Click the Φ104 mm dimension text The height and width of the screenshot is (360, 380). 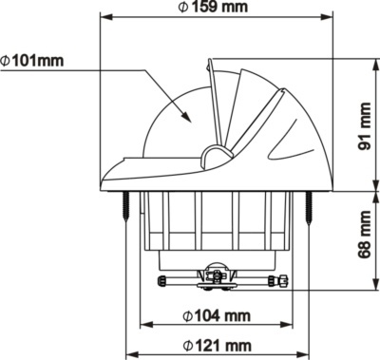click(x=217, y=315)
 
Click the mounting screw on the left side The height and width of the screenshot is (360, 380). click(x=124, y=206)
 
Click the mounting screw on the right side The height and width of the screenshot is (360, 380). click(x=308, y=206)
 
